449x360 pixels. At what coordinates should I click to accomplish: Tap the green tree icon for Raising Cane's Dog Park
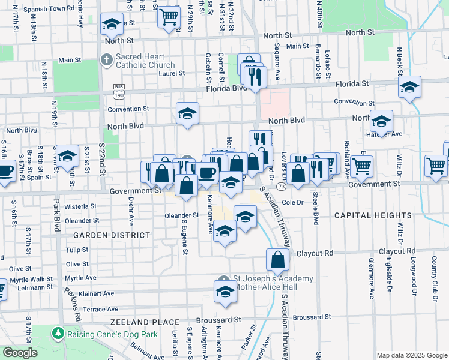coord(58,332)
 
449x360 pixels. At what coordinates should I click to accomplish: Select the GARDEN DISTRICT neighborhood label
coord(110,235)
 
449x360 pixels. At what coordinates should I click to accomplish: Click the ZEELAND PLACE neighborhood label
coord(141,322)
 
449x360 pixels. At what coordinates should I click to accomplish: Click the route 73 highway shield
coord(281,187)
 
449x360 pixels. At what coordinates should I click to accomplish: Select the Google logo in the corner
coord(20,353)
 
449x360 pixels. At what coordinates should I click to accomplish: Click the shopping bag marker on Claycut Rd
coord(277,260)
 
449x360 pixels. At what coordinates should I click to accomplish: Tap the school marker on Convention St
coord(187,113)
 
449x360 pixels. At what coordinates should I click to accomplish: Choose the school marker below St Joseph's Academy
coord(225,292)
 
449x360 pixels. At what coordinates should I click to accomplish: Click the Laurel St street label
coord(171,73)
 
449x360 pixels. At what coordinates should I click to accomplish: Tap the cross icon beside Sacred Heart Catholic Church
coord(106,60)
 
